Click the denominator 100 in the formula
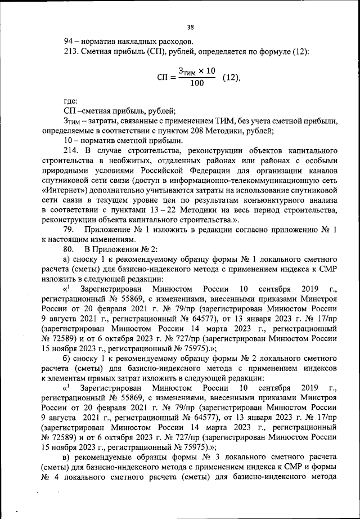point(197,83)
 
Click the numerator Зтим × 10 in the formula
point(197,71)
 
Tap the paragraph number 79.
point(70,232)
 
